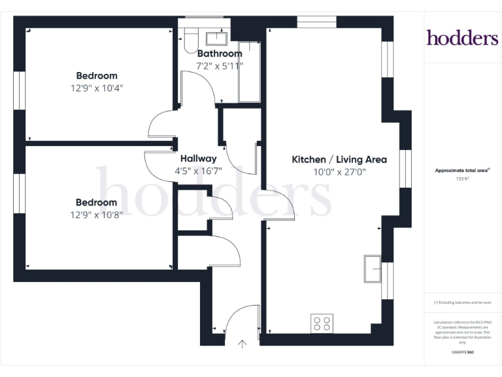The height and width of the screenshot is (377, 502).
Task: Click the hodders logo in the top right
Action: click(x=462, y=38)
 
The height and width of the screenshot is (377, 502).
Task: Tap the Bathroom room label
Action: click(x=220, y=54)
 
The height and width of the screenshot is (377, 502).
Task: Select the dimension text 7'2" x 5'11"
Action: click(x=220, y=65)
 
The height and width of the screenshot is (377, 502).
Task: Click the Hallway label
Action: click(x=198, y=158)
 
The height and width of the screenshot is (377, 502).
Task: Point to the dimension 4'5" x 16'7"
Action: click(x=198, y=171)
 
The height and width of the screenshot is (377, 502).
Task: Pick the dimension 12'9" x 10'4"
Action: click(x=97, y=87)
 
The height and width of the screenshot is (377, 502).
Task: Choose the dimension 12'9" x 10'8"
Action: click(x=97, y=214)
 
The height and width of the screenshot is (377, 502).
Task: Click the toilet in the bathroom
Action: click(x=189, y=41)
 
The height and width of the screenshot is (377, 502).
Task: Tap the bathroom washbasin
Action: click(x=216, y=37)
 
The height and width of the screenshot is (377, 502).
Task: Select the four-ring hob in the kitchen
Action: click(x=322, y=323)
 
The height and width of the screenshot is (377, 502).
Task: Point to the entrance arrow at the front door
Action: click(x=243, y=343)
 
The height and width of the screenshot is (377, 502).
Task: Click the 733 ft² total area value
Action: click(x=463, y=178)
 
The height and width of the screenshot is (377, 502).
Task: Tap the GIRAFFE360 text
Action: click(x=462, y=353)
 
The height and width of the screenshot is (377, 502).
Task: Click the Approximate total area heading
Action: click(x=462, y=170)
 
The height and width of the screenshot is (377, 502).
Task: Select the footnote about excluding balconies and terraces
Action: click(x=462, y=302)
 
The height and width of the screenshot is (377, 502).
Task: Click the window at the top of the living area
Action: click(x=316, y=22)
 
